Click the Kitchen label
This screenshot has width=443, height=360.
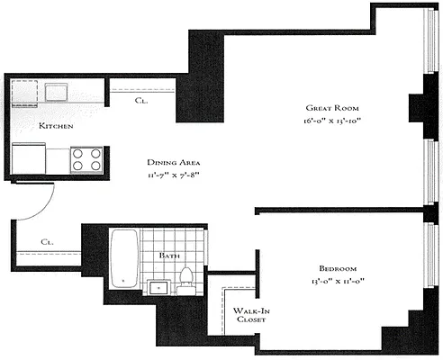(x=55, y=126)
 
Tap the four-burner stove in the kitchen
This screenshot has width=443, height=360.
(x=86, y=159)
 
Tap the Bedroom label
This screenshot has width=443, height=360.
(x=338, y=269)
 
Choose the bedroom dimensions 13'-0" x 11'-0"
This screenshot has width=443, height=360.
(x=338, y=281)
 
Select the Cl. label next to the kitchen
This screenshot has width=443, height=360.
(x=141, y=102)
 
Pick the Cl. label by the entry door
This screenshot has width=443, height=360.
(x=47, y=242)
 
